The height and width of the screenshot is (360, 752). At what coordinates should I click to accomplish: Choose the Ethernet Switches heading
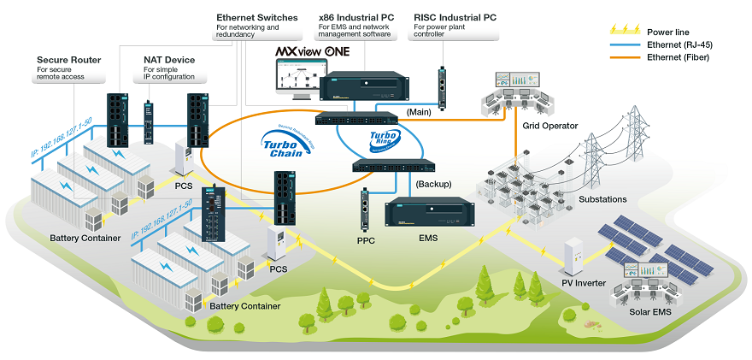pyautogui.click(x=256, y=17)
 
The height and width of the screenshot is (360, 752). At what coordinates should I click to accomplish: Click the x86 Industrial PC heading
pyautogui.click(x=355, y=17)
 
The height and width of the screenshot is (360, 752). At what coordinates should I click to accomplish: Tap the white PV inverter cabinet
pyautogui.click(x=570, y=256)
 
